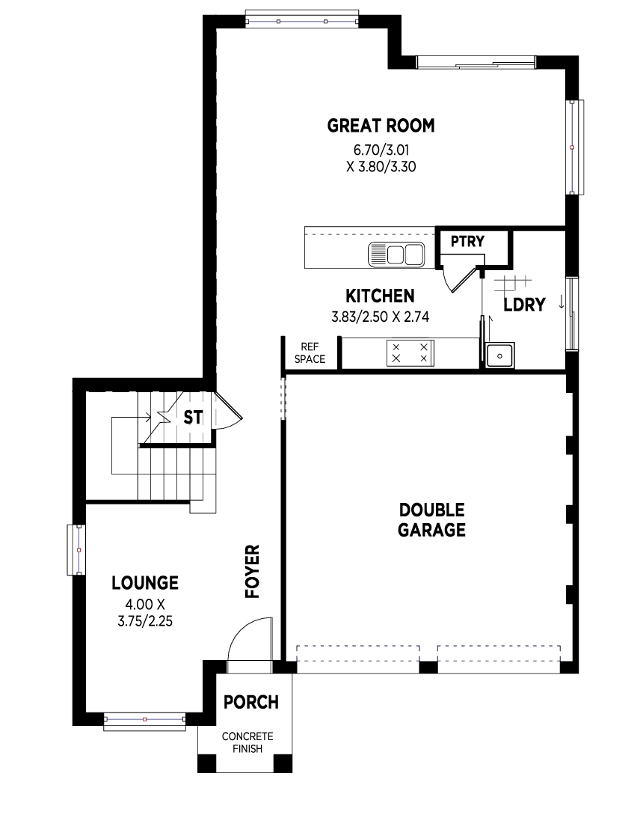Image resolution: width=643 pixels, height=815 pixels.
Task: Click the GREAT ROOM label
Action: pos(381,126)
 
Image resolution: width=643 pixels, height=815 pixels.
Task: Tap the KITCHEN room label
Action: pos(380,296)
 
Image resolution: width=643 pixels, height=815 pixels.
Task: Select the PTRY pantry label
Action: pos(467,242)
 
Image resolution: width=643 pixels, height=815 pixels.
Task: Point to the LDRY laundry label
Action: pos(525,305)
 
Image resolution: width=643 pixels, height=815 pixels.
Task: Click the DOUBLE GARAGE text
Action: pos(431,520)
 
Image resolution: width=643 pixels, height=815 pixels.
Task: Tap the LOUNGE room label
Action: pos(145,583)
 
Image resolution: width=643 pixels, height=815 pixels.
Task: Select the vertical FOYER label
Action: pos(253,571)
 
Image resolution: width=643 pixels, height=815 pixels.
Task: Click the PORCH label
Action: pos(251,702)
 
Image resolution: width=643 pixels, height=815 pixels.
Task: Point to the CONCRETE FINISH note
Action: pos(247,742)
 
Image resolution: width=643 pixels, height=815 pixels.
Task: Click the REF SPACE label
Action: pos(310,353)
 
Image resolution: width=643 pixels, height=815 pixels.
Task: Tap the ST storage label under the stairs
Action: pos(193,418)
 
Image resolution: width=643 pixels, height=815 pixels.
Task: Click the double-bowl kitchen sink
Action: pos(396,254)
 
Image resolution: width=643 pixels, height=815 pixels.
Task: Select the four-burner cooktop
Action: pos(410,353)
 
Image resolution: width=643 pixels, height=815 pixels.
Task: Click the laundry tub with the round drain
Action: pos(499,355)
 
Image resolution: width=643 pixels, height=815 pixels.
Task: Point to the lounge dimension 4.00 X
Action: pos(145,605)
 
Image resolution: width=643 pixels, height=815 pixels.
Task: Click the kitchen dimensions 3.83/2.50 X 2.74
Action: pos(380,317)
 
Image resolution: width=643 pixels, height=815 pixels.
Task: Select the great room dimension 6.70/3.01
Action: pos(381,150)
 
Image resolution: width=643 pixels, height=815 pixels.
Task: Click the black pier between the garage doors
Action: pos(428,667)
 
